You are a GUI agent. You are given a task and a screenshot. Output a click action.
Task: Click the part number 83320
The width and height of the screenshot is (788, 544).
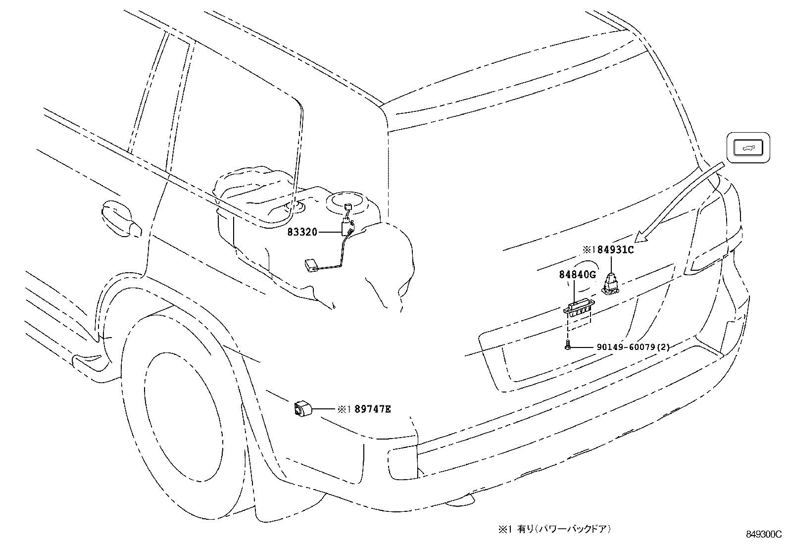tap(302, 232)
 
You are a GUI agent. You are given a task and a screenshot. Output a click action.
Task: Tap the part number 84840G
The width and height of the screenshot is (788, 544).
tap(577, 274)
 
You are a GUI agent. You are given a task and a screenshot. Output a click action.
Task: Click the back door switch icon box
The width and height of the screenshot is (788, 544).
tap(748, 147)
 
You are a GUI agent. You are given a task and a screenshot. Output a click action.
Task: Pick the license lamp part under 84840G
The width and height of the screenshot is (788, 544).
tap(578, 310)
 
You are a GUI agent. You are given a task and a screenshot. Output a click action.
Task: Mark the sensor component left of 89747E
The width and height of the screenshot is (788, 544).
tap(301, 409)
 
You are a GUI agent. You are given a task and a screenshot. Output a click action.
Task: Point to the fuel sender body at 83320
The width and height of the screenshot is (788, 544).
tap(347, 228)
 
